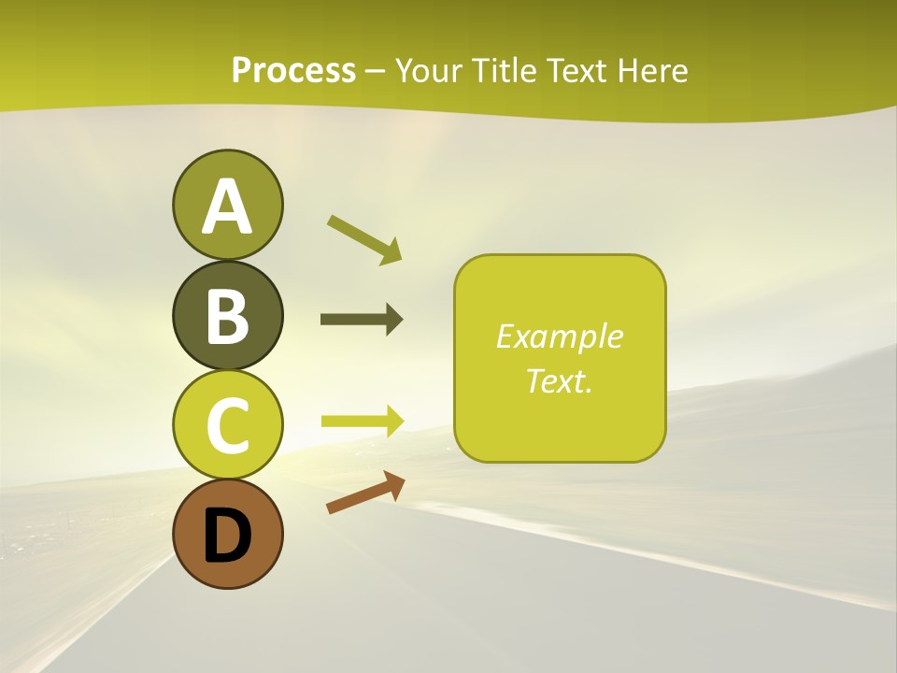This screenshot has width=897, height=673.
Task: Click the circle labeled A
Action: click(227, 205)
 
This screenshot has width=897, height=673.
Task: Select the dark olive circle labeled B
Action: click(227, 315)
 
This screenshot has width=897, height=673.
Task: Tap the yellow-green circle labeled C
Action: click(227, 425)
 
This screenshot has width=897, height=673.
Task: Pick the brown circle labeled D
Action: click(227, 535)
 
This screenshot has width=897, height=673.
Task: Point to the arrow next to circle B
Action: click(362, 320)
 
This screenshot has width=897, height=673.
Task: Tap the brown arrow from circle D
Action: click(365, 493)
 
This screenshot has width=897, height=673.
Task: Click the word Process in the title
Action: click(293, 71)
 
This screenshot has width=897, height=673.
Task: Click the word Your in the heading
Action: click(429, 71)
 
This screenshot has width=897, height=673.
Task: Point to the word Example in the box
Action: click(559, 336)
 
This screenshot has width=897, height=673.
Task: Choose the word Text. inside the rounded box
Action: click(559, 380)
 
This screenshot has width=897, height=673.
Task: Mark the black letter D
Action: click(227, 537)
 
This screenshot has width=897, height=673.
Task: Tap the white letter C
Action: click(227, 426)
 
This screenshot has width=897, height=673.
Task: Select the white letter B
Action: click(227, 316)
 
